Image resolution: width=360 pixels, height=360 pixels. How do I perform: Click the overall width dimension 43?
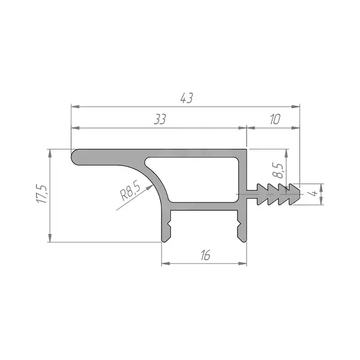point(187,98)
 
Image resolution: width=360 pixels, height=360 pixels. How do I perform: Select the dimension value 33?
point(160,119)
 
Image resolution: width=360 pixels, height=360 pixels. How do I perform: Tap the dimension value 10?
point(275,119)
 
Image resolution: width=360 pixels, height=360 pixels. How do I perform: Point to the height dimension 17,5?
point(42,194)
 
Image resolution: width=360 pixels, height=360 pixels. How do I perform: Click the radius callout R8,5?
point(130,190)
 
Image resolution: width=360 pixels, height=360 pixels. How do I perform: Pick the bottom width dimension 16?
point(205,255)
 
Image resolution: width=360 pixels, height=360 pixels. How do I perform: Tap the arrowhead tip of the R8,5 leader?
point(152,185)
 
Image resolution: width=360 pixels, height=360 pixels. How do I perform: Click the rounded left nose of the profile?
point(75,157)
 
